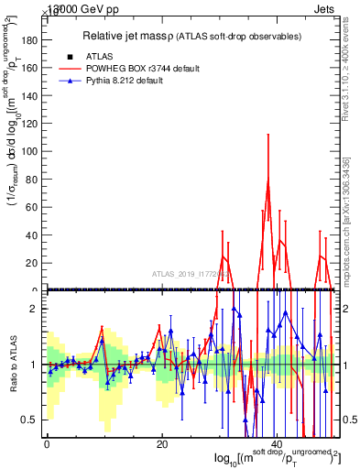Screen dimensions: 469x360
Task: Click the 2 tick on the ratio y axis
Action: (34, 309)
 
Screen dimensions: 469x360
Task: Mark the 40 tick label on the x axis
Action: (278, 443)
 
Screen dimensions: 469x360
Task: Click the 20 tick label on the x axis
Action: (162, 443)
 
